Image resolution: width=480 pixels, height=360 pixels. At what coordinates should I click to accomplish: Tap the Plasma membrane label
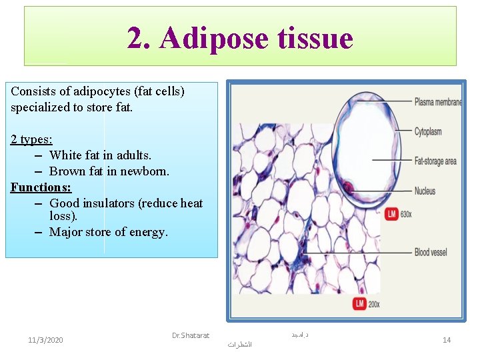[438, 102]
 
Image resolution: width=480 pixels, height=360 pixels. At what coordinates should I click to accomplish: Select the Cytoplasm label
[428, 131]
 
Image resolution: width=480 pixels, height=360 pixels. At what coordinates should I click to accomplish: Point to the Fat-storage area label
[435, 161]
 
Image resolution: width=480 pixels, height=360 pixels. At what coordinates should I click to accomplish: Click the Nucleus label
[425, 191]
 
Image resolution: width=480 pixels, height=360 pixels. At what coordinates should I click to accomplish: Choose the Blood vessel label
[431, 253]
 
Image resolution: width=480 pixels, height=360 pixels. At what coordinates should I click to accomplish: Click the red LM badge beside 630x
[391, 213]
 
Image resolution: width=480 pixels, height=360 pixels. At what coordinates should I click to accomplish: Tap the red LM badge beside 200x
[359, 304]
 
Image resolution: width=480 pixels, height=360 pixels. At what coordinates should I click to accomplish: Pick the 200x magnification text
[374, 304]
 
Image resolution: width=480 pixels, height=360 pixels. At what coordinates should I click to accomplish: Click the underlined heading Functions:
[41, 187]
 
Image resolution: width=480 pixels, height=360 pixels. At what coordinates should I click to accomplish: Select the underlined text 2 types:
[31, 139]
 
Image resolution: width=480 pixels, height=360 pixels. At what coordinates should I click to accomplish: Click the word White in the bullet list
[65, 155]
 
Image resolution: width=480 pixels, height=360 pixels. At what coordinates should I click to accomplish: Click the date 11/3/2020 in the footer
[46, 340]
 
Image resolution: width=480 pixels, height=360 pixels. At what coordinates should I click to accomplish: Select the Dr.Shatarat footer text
[190, 335]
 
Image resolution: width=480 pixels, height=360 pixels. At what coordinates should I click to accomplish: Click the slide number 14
[447, 340]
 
